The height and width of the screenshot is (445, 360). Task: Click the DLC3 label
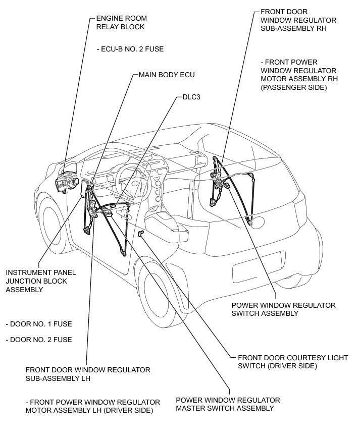[x=191, y=97]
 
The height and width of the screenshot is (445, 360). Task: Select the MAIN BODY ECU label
[x=167, y=75]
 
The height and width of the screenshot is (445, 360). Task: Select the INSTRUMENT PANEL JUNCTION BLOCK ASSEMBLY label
[x=40, y=281]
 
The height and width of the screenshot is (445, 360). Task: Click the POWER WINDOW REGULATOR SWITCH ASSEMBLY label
[x=283, y=309]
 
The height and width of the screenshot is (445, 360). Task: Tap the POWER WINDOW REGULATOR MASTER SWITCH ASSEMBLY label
[x=228, y=404]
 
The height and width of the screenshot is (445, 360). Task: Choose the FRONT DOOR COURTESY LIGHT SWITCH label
[x=292, y=362]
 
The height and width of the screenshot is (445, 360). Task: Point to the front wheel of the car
[x=53, y=222]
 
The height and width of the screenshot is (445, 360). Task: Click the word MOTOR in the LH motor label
[x=40, y=410]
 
